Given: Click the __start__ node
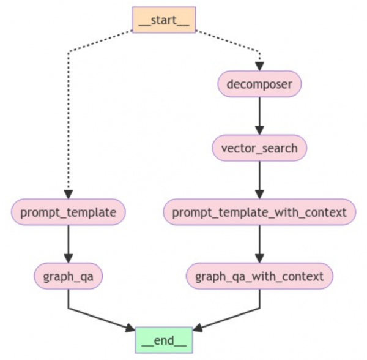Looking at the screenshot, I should pyautogui.click(x=163, y=19).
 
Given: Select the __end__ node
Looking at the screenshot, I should pyautogui.click(x=163, y=337).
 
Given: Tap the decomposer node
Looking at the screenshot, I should pyautogui.click(x=259, y=84).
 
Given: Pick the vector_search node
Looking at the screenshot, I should pyautogui.click(x=259, y=148).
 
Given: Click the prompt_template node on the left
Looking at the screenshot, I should pyautogui.click(x=69, y=212).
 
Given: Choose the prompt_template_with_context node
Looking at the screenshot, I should pyautogui.click(x=259, y=212).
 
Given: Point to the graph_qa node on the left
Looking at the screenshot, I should pyautogui.click(x=69, y=276).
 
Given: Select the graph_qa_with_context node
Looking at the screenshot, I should pyautogui.click(x=259, y=276).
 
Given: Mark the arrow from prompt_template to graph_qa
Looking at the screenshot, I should pyautogui.click(x=69, y=244).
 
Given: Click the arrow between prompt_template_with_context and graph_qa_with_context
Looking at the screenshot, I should pyautogui.click(x=259, y=244).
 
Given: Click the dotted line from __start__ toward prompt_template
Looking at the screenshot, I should pyautogui.click(x=69, y=122).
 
